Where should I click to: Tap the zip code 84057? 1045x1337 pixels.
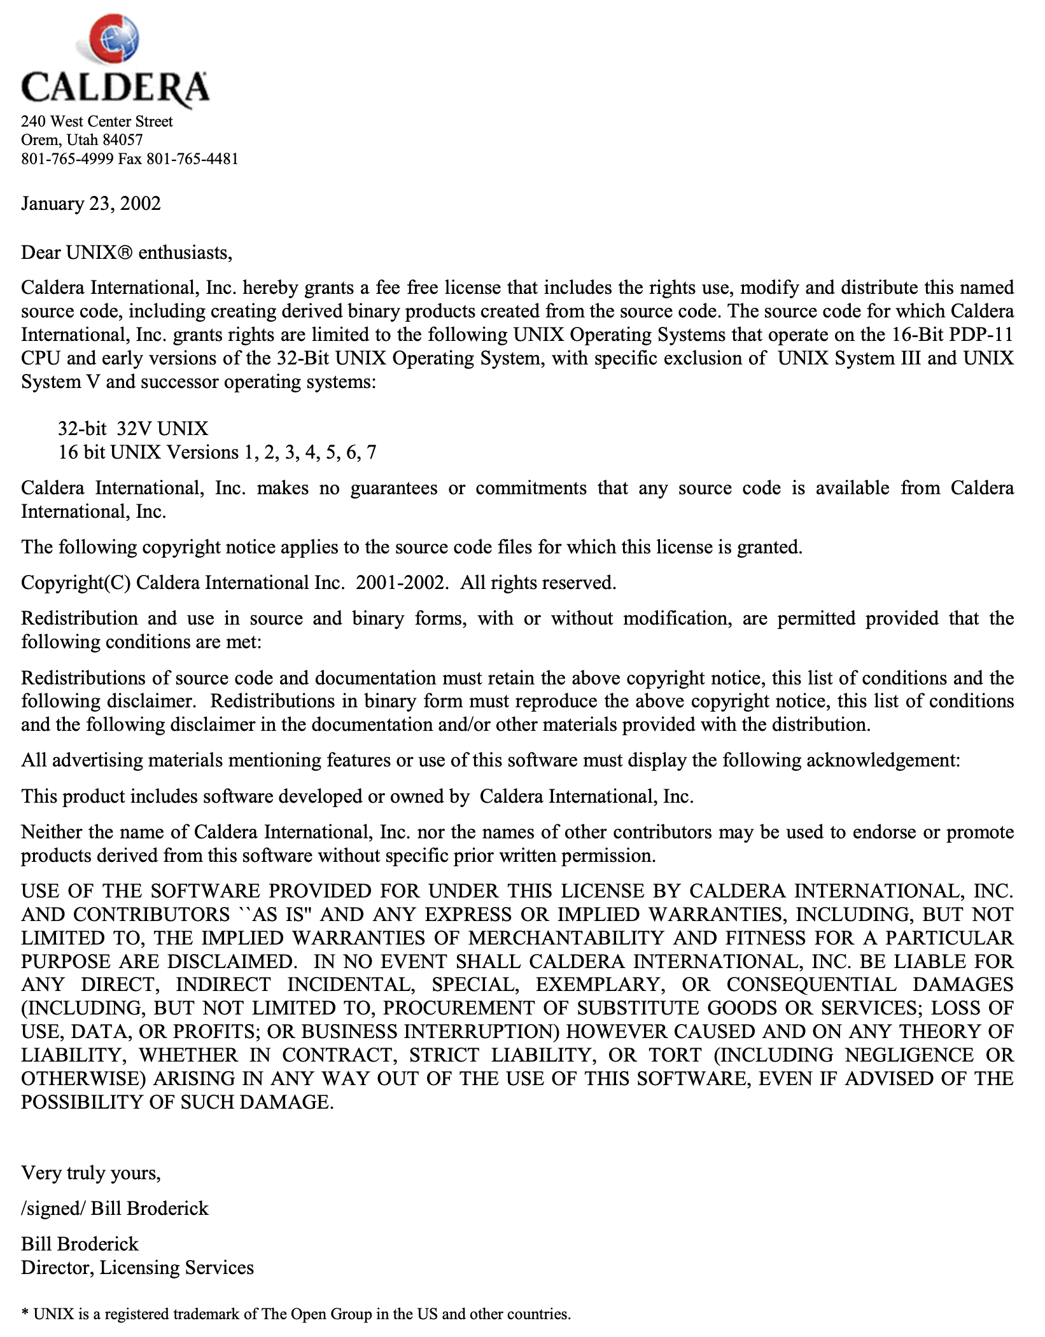click(123, 140)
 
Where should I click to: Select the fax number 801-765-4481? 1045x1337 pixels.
click(192, 159)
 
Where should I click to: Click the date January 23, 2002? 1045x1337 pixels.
click(91, 204)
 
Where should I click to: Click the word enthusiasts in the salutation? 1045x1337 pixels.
click(185, 253)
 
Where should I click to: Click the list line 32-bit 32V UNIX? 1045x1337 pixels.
click(133, 429)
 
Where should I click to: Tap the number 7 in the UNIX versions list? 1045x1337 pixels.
click(371, 452)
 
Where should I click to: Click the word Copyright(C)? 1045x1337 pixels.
click(76, 583)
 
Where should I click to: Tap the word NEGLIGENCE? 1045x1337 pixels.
click(909, 1055)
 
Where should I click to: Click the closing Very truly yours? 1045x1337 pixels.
click(91, 1172)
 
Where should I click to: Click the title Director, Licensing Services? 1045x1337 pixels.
click(137, 1268)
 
